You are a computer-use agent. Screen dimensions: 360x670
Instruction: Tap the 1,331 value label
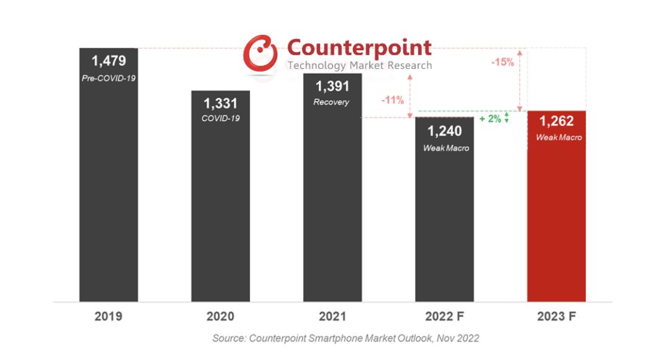tap(220, 103)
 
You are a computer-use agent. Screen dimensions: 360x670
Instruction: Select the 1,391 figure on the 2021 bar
tap(332, 86)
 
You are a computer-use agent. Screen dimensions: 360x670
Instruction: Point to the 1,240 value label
tap(444, 131)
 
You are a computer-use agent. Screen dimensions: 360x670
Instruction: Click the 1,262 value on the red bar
tap(556, 122)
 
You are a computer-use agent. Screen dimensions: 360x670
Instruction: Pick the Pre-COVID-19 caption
tap(109, 78)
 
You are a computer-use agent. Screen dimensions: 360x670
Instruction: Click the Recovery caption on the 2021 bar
tap(331, 102)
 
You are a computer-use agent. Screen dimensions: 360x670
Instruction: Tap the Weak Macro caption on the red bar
tap(559, 137)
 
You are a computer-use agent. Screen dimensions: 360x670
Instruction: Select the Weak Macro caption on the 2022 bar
tap(446, 148)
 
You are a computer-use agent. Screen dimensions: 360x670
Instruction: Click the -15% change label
tap(502, 62)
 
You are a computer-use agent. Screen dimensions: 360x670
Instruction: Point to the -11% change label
tap(392, 99)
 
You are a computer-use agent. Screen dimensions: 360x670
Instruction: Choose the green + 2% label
tap(490, 119)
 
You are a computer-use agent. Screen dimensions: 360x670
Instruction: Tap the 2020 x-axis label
tap(220, 317)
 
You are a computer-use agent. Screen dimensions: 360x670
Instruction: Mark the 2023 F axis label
tap(556, 317)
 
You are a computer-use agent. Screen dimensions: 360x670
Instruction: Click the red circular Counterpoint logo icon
tap(261, 53)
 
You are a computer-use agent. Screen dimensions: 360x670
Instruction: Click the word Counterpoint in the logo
tap(359, 47)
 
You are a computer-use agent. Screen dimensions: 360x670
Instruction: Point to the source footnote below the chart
tap(346, 338)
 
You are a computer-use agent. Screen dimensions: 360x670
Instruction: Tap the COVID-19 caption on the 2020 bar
tap(220, 118)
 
